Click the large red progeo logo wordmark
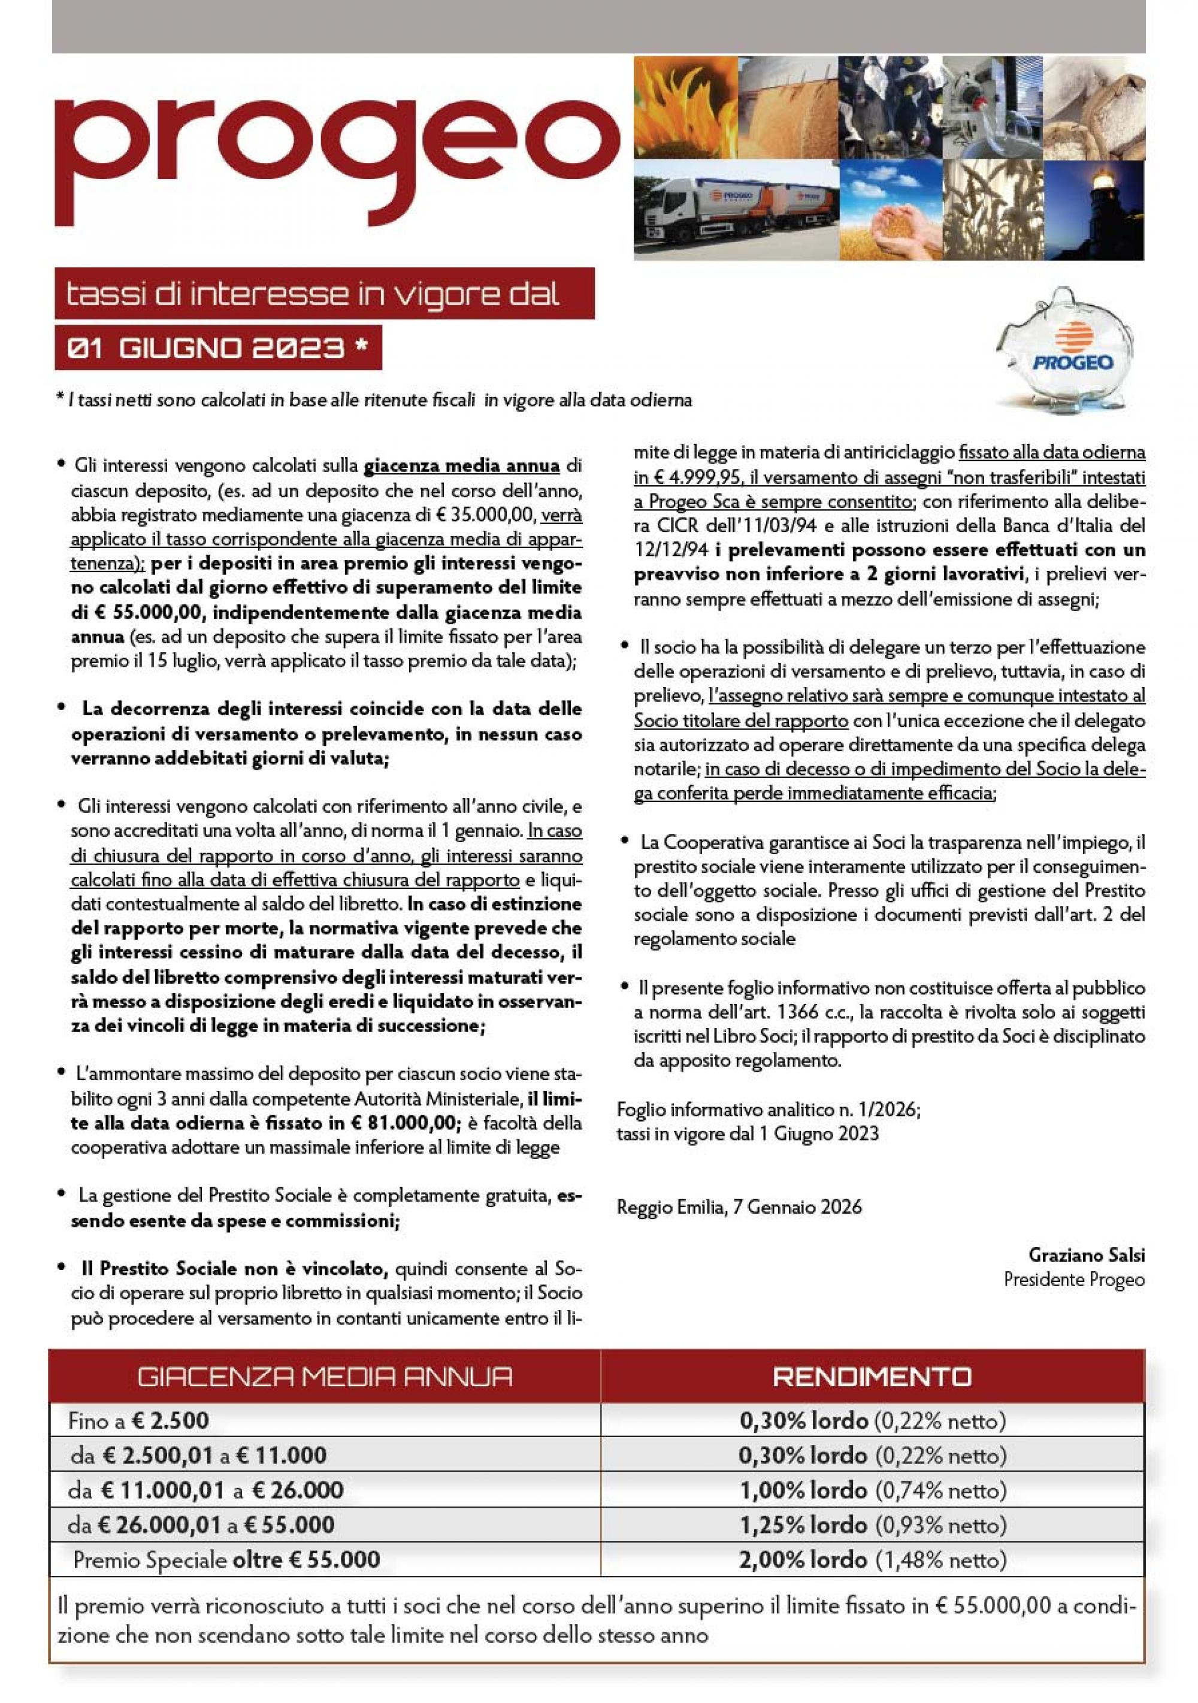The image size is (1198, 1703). (x=334, y=152)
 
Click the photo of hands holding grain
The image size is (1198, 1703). (x=890, y=211)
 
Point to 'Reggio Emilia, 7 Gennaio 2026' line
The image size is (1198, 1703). (x=739, y=1208)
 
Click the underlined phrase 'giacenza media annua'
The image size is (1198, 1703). (x=461, y=467)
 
